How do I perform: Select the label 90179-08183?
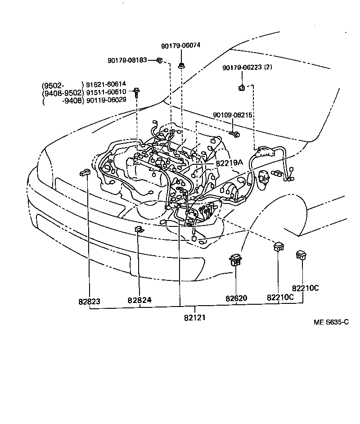[x=127, y=60]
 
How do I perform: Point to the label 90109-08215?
[x=233, y=115]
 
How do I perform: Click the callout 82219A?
[x=229, y=163]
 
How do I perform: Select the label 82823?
[x=89, y=301]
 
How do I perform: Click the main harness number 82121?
[x=195, y=317]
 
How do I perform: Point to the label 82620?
[x=237, y=298]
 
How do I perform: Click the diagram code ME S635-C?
[x=331, y=323]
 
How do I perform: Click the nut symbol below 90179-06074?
[x=180, y=66]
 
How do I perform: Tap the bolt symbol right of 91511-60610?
[x=135, y=91]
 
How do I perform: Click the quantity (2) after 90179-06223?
[x=269, y=68]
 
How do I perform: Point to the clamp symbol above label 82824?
[x=139, y=230]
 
